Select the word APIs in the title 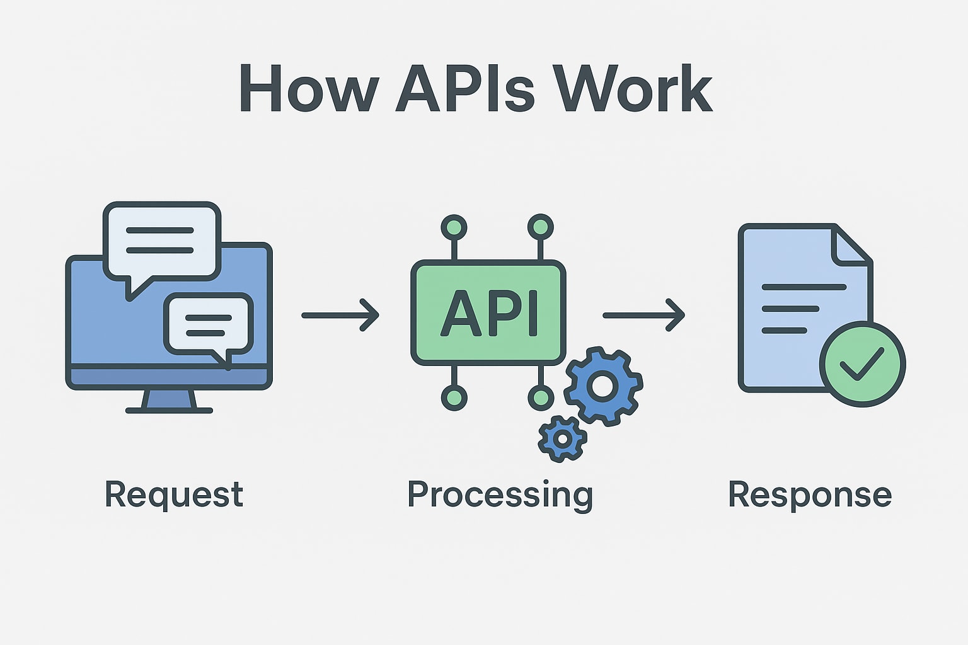tap(466, 89)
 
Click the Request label tap(174, 494)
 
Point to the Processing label tap(500, 495)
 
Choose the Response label tap(810, 495)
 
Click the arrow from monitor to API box tap(340, 315)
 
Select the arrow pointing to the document tap(644, 315)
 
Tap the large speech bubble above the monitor tap(161, 241)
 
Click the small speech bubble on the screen tap(209, 324)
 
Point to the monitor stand tap(169, 401)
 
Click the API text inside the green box tap(489, 313)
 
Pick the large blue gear tap(603, 385)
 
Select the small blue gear tap(562, 438)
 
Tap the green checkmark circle tap(862, 363)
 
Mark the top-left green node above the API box tap(454, 227)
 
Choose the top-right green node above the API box tap(540, 227)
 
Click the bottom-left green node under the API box tap(454, 397)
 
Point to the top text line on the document tap(804, 287)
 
